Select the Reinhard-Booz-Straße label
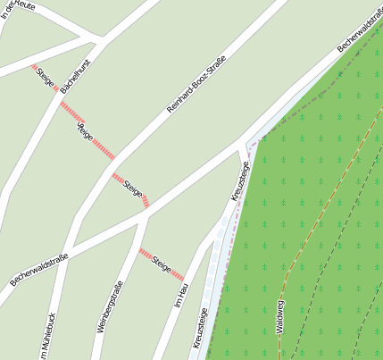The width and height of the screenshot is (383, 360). click(x=196, y=84)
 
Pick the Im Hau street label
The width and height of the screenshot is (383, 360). click(x=181, y=295)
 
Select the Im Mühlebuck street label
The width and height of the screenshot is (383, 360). click(x=51, y=339)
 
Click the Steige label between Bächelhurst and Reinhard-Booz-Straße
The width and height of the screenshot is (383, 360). click(x=85, y=134)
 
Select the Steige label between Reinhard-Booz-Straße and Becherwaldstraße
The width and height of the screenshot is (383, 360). click(x=133, y=188)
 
